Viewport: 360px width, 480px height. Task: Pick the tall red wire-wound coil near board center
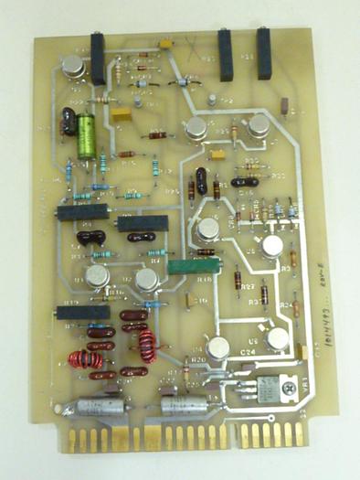click(x=146, y=346)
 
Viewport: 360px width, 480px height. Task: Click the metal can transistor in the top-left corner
click(x=73, y=65)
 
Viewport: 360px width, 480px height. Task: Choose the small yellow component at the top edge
click(x=165, y=43)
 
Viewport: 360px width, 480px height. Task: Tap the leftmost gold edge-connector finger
click(x=70, y=440)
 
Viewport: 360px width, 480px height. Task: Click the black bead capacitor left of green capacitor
click(x=68, y=122)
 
